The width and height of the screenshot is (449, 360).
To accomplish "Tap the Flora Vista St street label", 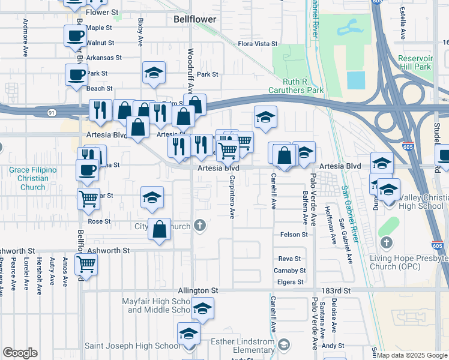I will (258, 44).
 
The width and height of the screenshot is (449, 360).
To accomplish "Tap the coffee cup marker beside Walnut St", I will (75, 35).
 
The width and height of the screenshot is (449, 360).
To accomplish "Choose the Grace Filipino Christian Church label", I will (32, 178).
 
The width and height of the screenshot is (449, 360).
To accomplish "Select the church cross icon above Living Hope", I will (386, 242).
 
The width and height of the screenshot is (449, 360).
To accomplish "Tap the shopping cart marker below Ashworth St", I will (86, 263).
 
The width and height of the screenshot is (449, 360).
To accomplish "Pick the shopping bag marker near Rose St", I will (159, 229).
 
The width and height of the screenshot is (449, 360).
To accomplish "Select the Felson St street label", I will (294, 235).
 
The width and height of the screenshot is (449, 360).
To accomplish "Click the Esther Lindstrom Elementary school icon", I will (284, 344).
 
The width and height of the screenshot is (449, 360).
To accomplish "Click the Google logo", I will (20, 353).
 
